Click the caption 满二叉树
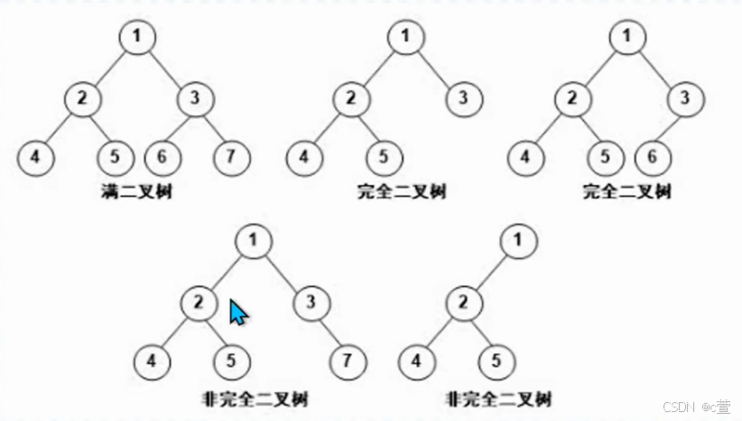point(135,191)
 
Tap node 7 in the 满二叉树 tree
point(232,157)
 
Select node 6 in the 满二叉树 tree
point(162,157)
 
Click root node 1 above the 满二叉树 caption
point(137,37)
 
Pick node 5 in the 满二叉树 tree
point(116,157)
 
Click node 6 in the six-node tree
point(652,157)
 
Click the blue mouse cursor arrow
point(237,312)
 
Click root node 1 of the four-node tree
point(517,241)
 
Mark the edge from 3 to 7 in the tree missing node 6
point(329,333)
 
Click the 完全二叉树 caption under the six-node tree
point(627,191)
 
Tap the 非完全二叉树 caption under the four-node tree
point(498,398)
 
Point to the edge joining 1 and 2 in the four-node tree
point(490,271)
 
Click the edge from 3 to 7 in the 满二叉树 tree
point(214,127)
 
